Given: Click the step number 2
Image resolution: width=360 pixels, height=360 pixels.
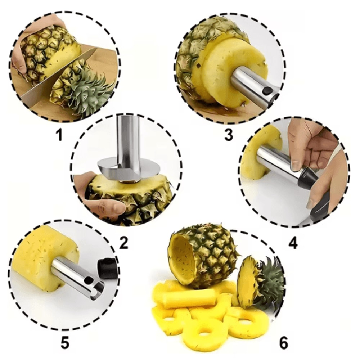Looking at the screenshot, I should pyautogui.click(x=123, y=243).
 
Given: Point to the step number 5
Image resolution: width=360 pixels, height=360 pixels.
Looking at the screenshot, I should pyautogui.click(x=65, y=342).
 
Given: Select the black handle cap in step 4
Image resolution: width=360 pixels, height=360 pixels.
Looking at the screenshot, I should pyautogui.click(x=307, y=177).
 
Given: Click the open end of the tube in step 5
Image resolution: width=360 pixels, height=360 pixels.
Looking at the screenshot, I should pyautogui.click(x=96, y=290).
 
